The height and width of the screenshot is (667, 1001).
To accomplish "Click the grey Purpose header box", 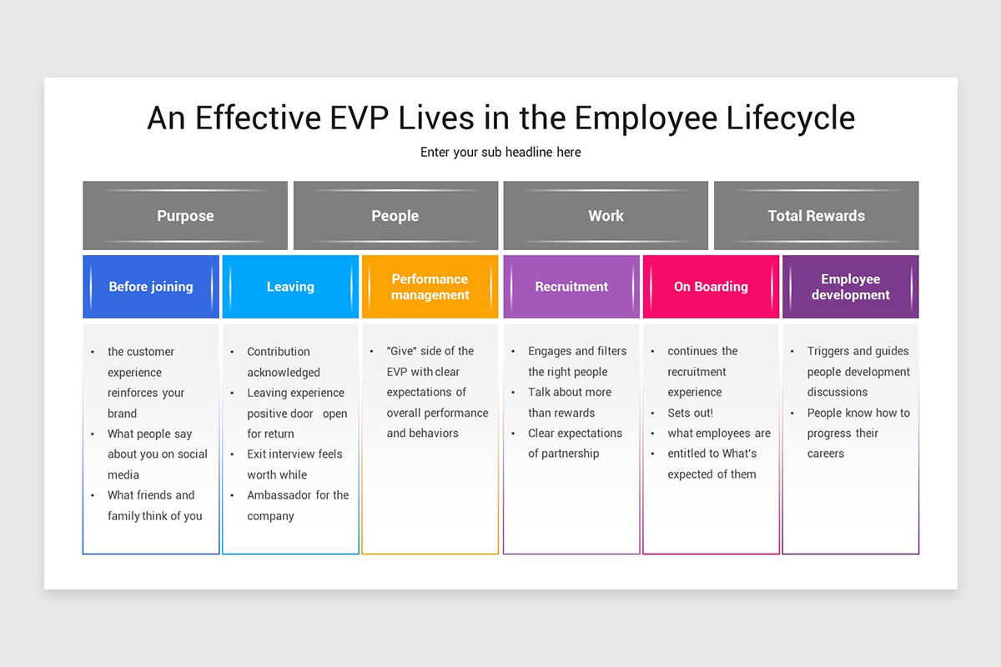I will pyautogui.click(x=185, y=216).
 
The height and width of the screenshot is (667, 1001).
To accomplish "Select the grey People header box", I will pyautogui.click(x=395, y=216).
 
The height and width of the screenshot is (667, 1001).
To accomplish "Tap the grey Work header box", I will pyautogui.click(x=606, y=216).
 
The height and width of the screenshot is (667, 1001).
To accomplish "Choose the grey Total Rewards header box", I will pyautogui.click(x=816, y=216).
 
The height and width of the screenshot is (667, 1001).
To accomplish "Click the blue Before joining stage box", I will pyautogui.click(x=151, y=287).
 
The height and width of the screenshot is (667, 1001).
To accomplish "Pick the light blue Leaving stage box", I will pyautogui.click(x=290, y=287).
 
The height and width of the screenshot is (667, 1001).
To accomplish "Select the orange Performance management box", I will pyautogui.click(x=430, y=287).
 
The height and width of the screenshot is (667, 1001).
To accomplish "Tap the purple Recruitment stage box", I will pyautogui.click(x=571, y=287).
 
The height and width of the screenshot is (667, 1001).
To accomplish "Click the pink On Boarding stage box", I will pyautogui.click(x=711, y=287).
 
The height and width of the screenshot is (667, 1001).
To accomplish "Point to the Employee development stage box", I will pyautogui.click(x=850, y=287).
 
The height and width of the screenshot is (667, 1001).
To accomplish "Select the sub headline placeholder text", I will pyautogui.click(x=500, y=152).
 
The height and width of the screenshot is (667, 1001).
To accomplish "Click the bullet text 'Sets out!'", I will pyautogui.click(x=690, y=413).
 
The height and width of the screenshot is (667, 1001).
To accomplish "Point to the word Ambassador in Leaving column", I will pyautogui.click(x=279, y=495).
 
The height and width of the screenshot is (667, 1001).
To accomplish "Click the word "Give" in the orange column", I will pyautogui.click(x=403, y=351).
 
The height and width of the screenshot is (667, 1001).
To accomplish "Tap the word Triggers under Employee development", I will pyautogui.click(x=829, y=351).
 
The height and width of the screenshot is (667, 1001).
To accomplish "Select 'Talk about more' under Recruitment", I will pyautogui.click(x=569, y=392).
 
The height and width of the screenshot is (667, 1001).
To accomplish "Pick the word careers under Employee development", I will pyautogui.click(x=826, y=454).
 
